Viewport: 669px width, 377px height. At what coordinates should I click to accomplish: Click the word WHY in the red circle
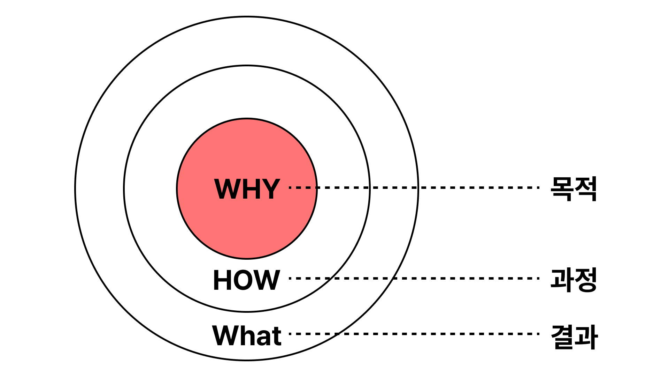pos(247,189)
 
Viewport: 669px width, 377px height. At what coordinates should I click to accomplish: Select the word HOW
pos(246,280)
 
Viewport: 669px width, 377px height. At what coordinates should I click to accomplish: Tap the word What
pos(246,335)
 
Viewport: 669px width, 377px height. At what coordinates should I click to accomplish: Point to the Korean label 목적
pos(574,189)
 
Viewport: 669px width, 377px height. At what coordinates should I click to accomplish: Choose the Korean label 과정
pos(574,280)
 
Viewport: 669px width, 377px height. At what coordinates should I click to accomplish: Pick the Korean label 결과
pos(574,337)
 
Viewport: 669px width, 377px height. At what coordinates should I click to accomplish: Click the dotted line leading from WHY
pos(415,187)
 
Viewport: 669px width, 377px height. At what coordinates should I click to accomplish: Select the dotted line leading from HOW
pos(415,278)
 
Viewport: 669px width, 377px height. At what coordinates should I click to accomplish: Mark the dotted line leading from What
pos(415,334)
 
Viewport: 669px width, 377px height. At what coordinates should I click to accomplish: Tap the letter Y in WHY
pos(270,189)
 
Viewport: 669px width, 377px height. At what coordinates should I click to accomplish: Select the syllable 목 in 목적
pos(562,189)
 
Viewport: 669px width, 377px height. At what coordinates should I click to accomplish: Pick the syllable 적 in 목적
pos(586,189)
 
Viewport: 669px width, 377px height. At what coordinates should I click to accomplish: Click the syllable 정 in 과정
pos(586,280)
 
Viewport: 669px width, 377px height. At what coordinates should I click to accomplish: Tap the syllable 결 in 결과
pos(562,337)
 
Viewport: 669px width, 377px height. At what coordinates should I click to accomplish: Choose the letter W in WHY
pos(226,189)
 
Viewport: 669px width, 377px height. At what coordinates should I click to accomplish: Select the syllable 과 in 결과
pos(586,337)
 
